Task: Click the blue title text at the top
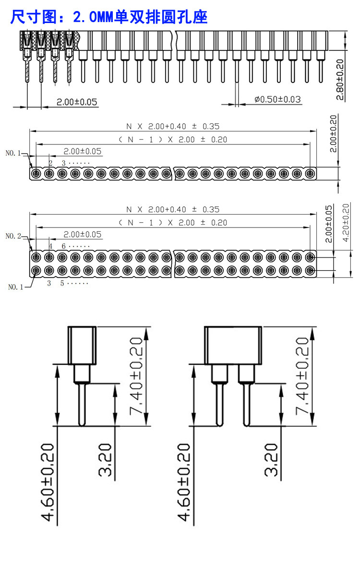point(109,17)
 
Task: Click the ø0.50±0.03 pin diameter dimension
point(278,99)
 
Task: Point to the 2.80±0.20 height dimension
point(340,80)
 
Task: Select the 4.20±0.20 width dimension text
point(346,223)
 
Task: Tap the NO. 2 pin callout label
point(13,236)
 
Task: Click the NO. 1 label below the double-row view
point(16,287)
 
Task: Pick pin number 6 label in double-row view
point(63,246)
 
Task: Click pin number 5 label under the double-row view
point(62,283)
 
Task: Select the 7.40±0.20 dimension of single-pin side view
point(136,376)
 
